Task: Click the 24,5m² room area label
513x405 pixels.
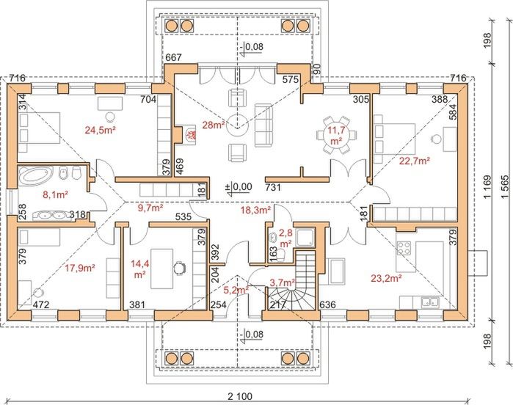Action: coord(101,132)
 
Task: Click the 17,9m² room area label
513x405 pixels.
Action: coord(81,269)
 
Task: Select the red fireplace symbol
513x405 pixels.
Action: coord(187,135)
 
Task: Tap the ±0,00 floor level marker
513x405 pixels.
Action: coord(240,187)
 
